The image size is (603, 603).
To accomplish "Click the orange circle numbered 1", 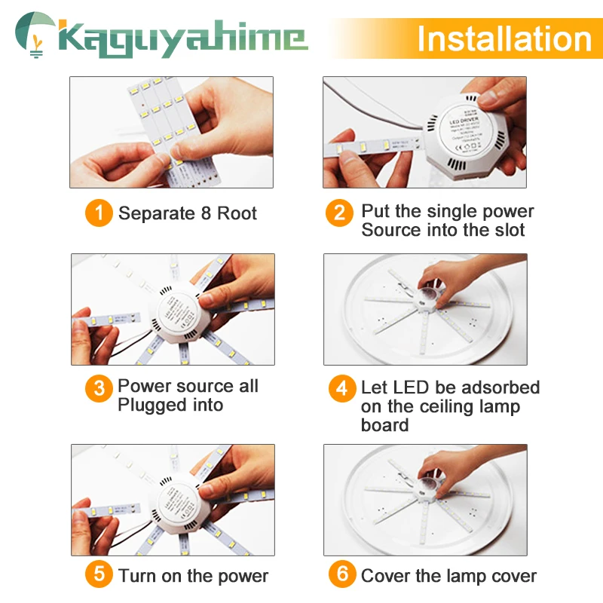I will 99,213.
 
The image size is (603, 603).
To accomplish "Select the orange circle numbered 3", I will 99,389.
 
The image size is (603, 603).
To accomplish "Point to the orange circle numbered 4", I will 342,389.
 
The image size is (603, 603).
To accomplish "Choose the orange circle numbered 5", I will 99,575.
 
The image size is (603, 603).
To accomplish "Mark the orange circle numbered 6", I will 342,575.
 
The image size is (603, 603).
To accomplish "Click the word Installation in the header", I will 504,38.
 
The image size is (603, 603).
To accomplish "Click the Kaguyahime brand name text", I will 181,38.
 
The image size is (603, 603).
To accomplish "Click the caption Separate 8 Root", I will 188,213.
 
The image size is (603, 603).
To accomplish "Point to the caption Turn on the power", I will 193,576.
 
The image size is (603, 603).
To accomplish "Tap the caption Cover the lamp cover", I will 448,576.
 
